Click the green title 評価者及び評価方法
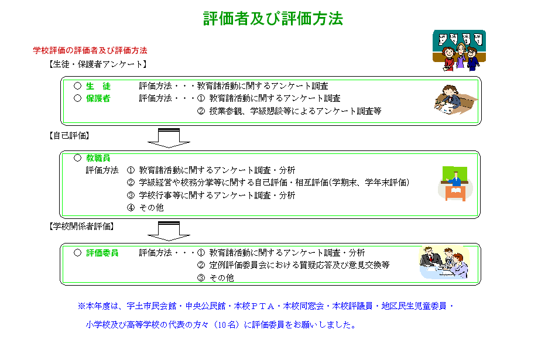pos(273,18)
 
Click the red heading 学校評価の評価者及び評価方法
pos(90,50)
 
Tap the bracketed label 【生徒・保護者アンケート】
pos(98,64)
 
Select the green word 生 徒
pos(98,86)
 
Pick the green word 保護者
pos(98,98)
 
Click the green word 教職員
pos(98,158)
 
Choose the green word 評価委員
pos(102,253)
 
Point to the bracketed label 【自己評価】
pos(69,136)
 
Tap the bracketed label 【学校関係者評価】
pos(81,226)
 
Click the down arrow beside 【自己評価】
pos(169,138)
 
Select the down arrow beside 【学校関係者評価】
pos(169,231)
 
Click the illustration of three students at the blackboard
pos(459,50)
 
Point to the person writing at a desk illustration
pos(455,100)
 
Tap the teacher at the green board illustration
pos(455,183)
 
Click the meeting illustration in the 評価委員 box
pos(444,262)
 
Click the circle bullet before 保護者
pos(77,98)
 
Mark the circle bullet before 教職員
pos(77,158)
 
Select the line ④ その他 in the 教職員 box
pos(145,208)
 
